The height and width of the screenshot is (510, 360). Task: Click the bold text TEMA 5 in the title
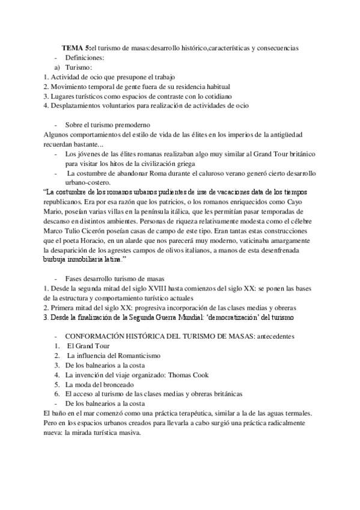coord(77,48)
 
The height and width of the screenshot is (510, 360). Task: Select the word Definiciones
coord(85,58)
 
